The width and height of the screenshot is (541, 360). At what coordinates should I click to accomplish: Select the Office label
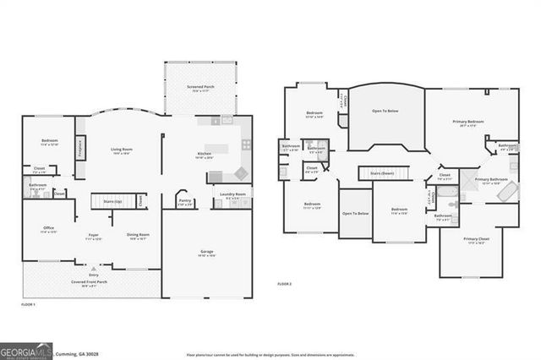pos(49,229)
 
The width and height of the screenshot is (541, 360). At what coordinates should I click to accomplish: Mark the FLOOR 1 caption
pos(28,303)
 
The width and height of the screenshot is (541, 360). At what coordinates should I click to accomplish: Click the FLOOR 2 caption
pos(284,284)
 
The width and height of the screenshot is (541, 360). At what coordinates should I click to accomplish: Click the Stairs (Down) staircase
pos(385,172)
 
